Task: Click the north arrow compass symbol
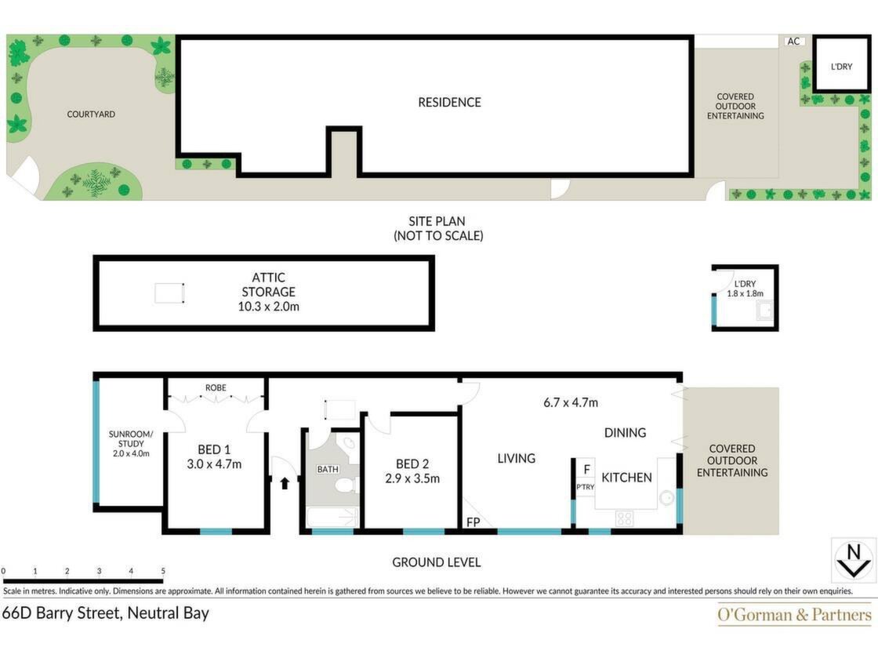[854, 561]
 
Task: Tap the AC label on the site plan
[793, 41]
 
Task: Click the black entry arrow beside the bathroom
[285, 482]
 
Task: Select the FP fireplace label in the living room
[473, 522]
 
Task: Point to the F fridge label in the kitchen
[587, 469]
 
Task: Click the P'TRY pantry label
[585, 487]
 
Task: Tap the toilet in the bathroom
[348, 485]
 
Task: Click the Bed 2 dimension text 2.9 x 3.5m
[412, 479]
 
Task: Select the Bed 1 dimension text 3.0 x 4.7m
[214, 464]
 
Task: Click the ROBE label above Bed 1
[216, 387]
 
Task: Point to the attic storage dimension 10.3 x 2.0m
[269, 307]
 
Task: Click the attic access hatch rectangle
[169, 293]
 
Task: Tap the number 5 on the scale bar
[163, 571]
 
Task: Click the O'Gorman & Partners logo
[795, 615]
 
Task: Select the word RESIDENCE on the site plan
[450, 103]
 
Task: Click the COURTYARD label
[91, 115]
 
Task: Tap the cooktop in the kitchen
[624, 518]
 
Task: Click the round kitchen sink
[666, 497]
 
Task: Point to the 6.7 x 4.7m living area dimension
[571, 402]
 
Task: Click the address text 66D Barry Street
[62, 613]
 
